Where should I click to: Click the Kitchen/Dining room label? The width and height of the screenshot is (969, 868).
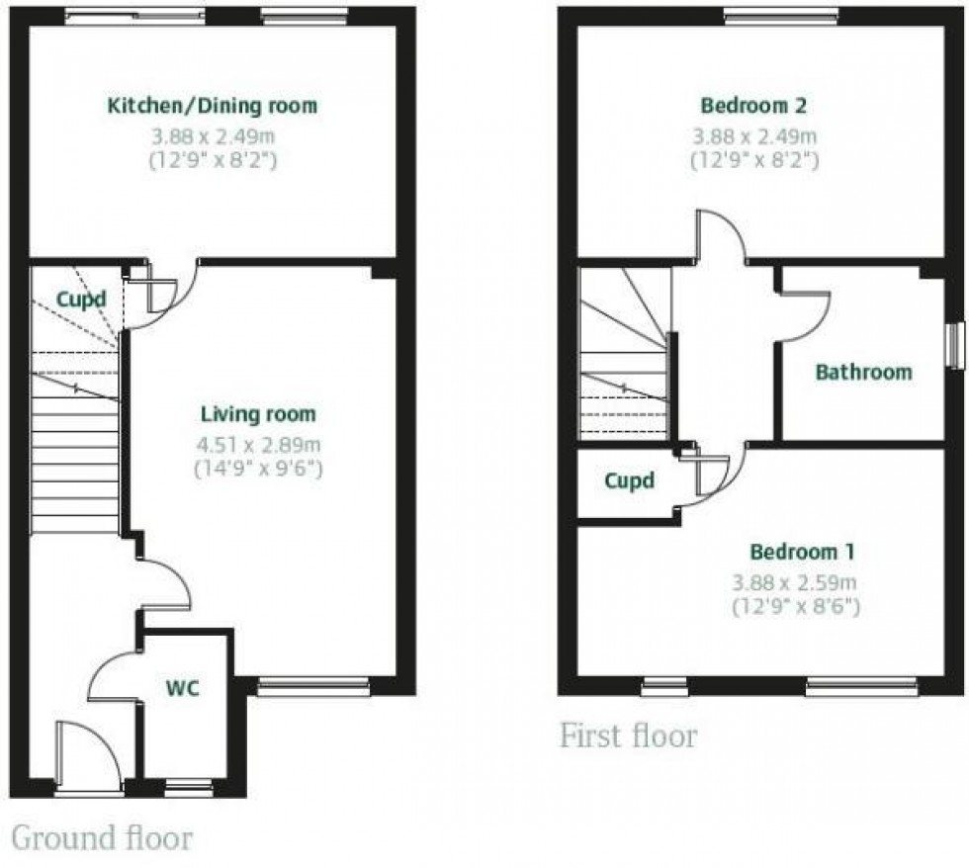tap(213, 106)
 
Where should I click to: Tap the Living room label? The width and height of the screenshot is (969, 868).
tap(258, 414)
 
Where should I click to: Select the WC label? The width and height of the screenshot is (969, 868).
tap(183, 687)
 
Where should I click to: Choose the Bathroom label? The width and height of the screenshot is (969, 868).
tap(862, 373)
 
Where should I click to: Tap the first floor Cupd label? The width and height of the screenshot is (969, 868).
tap(629, 481)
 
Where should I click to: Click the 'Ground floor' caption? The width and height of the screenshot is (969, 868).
tap(101, 838)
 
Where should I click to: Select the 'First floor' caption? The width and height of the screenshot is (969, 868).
tap(628, 737)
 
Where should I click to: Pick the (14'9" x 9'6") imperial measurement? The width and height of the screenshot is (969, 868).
tap(260, 467)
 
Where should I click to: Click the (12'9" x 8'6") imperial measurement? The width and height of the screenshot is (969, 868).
tap(795, 605)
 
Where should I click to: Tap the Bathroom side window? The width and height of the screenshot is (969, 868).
tap(954, 346)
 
